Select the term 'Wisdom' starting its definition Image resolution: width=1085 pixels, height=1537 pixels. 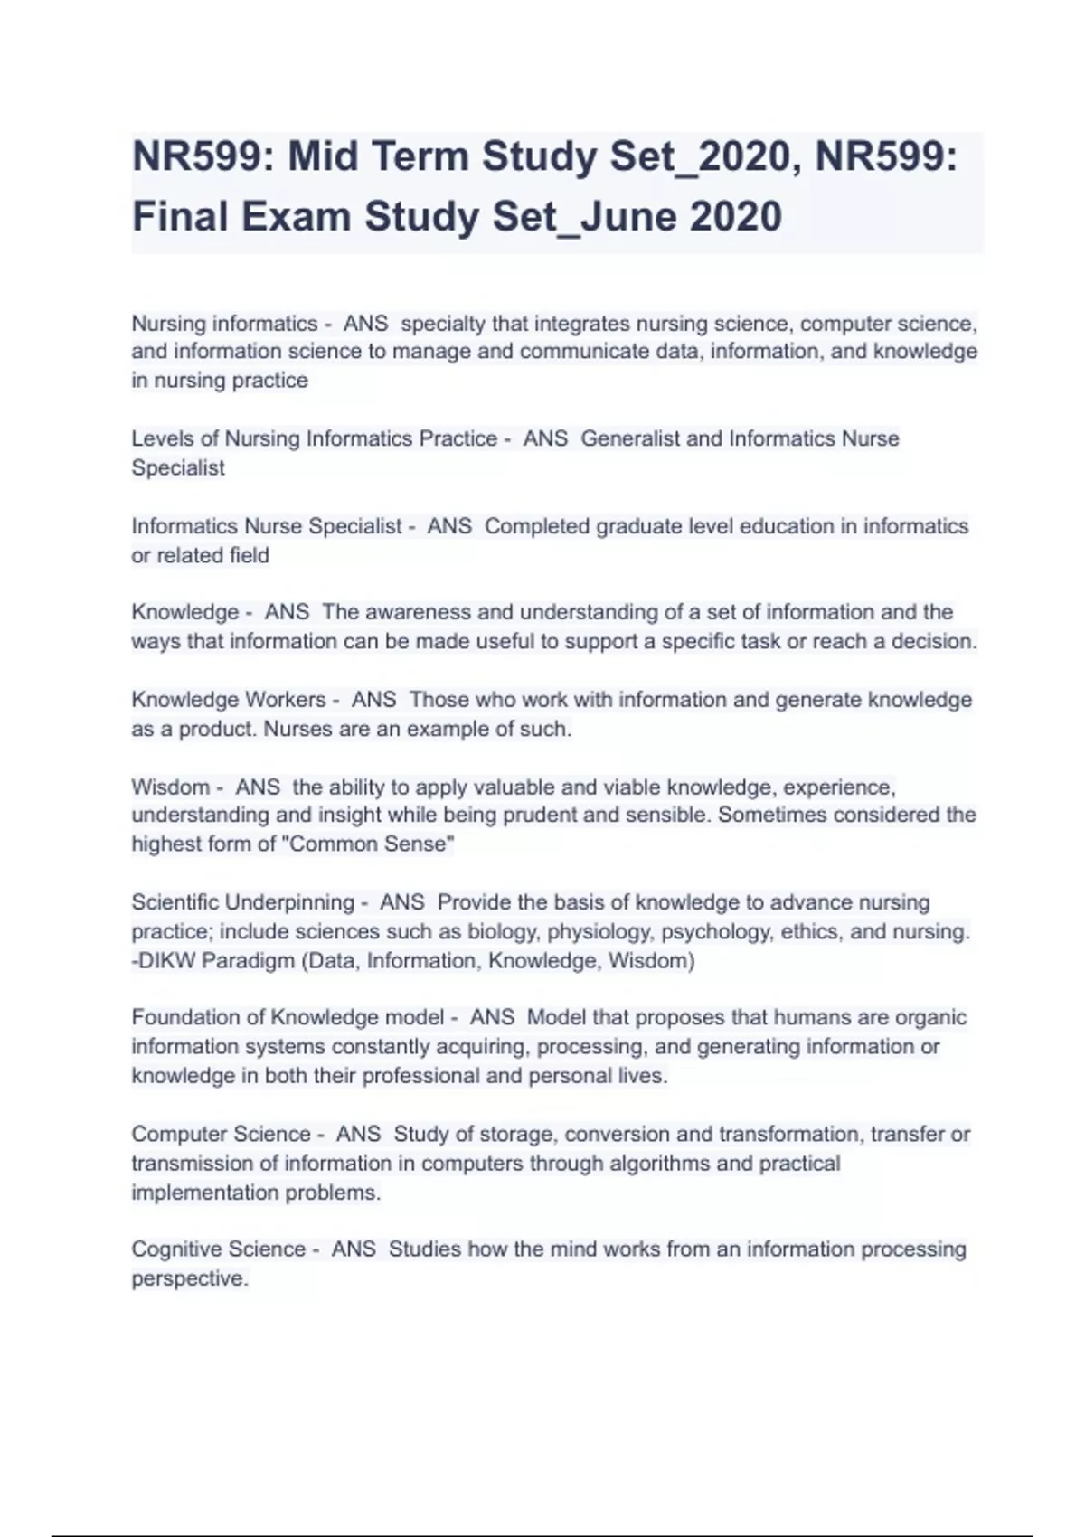coord(170,787)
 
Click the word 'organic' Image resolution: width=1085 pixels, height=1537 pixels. coord(930,1017)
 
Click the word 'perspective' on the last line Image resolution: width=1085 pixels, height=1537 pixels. coord(188,1278)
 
